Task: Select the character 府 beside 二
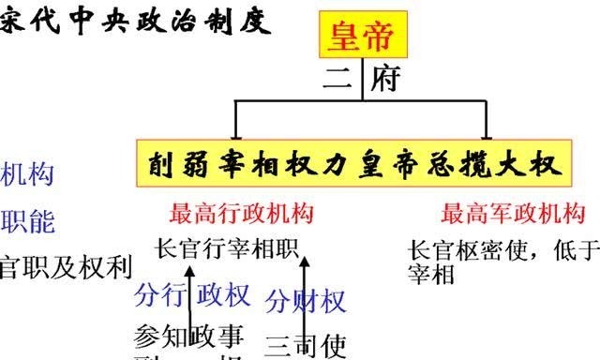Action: tap(384, 78)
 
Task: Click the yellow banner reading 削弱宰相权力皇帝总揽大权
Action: tap(355, 166)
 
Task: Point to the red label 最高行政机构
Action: tap(242, 215)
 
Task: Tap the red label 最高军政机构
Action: tap(513, 215)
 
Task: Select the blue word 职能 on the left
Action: tap(28, 221)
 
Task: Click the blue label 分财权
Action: tap(307, 301)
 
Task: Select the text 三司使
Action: tap(306, 346)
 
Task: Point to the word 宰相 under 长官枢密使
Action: tap(432, 275)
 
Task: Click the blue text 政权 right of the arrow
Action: tap(225, 295)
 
